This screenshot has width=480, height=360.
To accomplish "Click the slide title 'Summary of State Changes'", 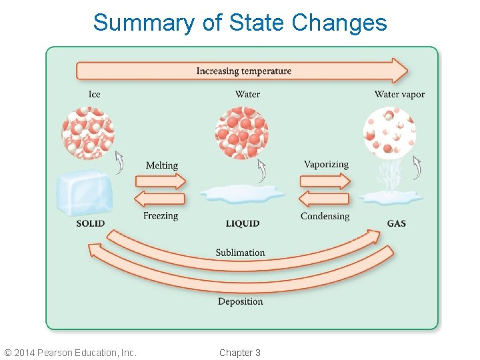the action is click(240, 23).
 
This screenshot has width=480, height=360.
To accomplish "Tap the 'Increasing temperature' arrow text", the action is click(243, 71).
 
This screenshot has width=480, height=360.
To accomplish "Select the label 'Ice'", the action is click(95, 94).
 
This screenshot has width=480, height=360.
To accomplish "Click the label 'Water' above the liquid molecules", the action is click(247, 94).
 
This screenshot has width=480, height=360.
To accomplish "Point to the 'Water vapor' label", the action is click(399, 94).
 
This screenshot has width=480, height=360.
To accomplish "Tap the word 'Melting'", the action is click(162, 165).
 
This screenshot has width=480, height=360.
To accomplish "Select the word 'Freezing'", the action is click(161, 216).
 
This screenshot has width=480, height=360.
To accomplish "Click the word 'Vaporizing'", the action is click(326, 165).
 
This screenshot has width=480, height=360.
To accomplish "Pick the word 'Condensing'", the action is click(325, 216).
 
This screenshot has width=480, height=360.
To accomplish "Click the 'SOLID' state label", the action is click(91, 223).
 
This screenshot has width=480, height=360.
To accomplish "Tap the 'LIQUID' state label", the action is click(243, 223).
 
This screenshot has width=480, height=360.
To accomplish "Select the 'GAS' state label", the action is click(397, 223).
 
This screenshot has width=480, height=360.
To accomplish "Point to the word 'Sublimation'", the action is click(240, 253).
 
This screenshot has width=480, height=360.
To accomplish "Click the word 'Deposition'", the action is click(240, 301).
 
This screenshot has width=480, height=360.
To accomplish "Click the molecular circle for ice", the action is click(88, 133).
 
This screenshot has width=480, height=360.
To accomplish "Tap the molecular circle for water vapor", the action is click(389, 133).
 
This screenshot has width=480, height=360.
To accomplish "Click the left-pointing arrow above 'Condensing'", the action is click(323, 199).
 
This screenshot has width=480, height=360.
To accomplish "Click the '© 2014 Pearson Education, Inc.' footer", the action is click(70, 353).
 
